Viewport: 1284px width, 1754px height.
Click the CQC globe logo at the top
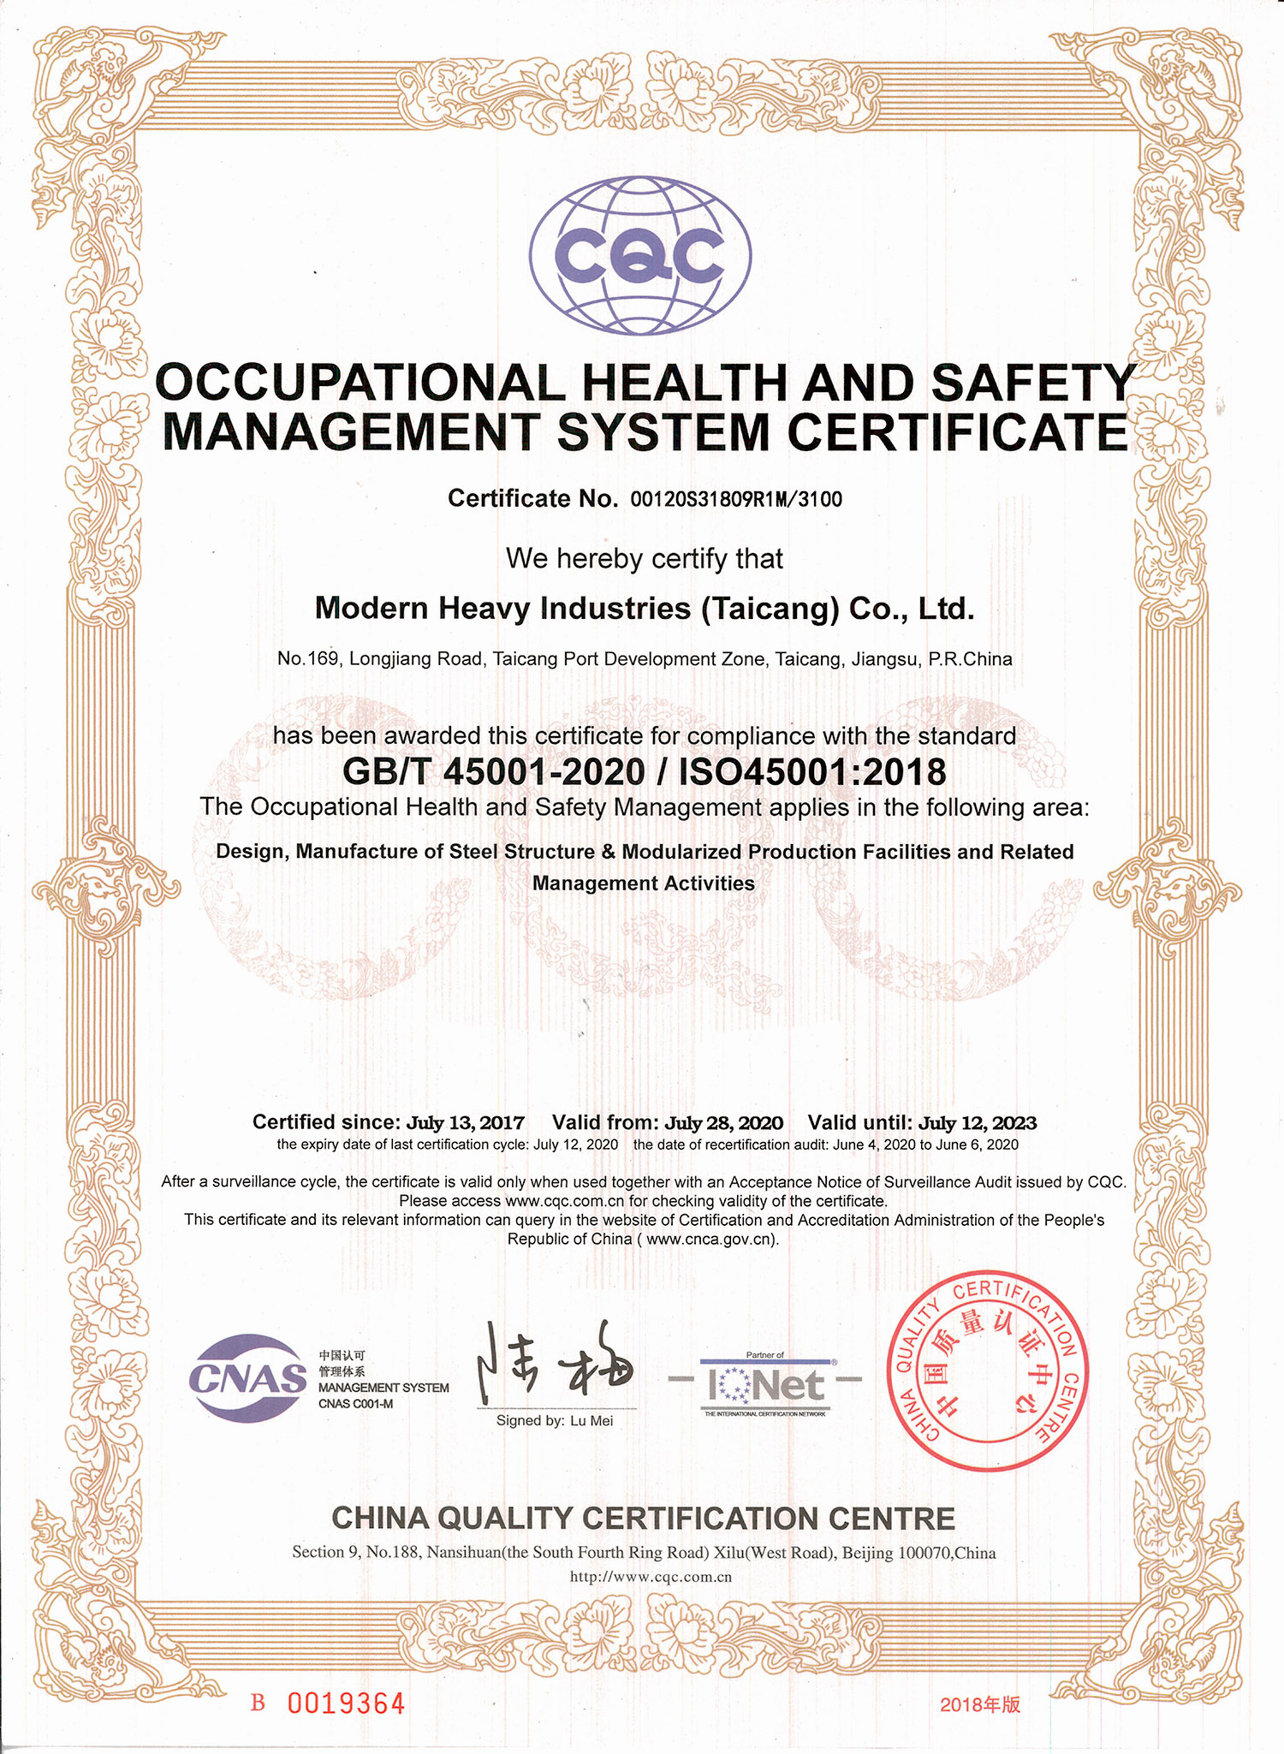point(640,255)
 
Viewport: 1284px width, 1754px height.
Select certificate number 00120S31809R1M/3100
point(736,499)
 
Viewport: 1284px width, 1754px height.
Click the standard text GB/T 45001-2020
point(494,772)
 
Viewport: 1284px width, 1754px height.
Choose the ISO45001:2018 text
point(812,772)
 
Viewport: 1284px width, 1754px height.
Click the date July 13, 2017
point(465,1123)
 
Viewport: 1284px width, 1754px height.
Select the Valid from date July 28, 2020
point(724,1123)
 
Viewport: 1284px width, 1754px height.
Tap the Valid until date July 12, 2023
point(977,1123)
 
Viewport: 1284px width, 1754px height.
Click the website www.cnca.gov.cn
point(709,1240)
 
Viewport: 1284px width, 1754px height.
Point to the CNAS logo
point(248,1379)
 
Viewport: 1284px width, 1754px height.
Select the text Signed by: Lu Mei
point(555,1421)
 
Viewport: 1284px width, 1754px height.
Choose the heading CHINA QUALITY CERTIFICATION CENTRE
point(643,1519)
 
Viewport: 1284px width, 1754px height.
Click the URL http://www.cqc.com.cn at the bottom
point(651,1577)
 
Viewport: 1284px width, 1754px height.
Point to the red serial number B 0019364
point(328,1703)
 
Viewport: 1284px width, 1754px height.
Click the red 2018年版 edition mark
point(980,1704)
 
